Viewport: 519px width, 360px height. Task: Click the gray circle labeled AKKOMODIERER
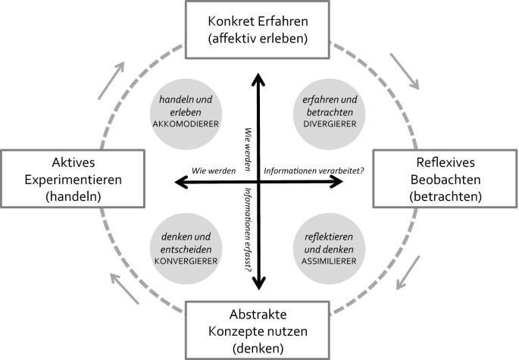[186, 112]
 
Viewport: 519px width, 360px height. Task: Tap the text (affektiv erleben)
[259, 38]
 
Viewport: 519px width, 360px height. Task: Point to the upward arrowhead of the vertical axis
[258, 77]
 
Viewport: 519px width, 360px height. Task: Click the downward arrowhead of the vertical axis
[258, 283]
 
